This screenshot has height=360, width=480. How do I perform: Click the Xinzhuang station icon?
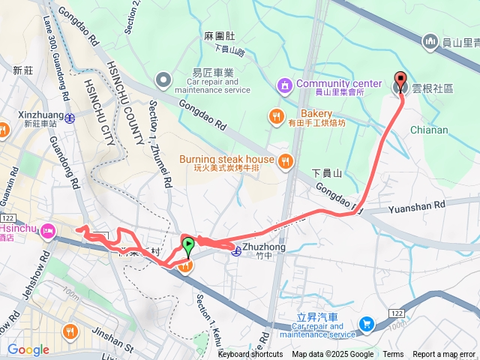(68, 117)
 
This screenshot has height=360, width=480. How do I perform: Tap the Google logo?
(28, 349)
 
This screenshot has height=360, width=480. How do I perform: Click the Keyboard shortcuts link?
(250, 355)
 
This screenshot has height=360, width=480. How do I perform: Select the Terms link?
(393, 355)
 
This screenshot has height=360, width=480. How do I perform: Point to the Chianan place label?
(429, 130)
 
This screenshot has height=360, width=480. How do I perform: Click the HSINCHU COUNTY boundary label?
(123, 105)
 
